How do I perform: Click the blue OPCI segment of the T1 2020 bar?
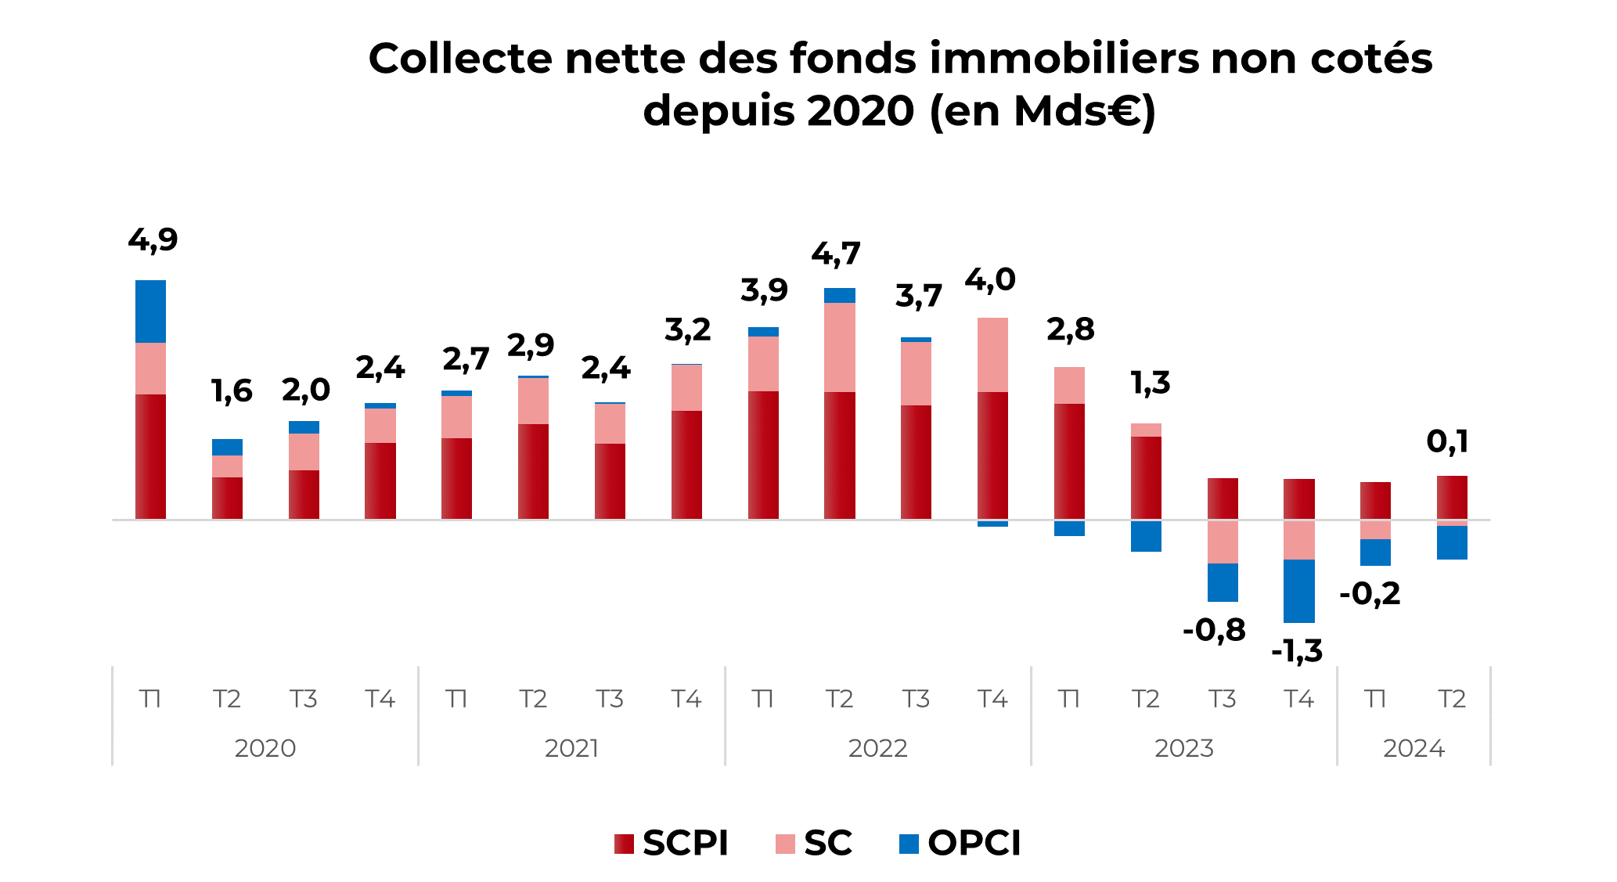[150, 311]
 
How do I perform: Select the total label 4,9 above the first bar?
[153, 240]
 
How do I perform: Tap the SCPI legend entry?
[672, 843]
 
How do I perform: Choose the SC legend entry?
[814, 843]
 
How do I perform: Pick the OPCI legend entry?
[960, 843]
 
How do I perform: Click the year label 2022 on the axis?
[877, 748]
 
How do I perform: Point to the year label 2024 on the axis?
[1414, 748]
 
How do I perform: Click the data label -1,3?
[1297, 651]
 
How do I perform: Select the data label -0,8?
[1214, 630]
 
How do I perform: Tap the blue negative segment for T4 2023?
[1298, 591]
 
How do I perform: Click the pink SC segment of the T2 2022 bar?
[839, 347]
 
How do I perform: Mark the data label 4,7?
[836, 254]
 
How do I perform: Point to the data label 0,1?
[1447, 442]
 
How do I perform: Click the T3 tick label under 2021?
[609, 698]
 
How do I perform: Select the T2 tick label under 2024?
[1452, 698]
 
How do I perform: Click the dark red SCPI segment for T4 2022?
[992, 455]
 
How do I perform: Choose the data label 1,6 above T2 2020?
[232, 391]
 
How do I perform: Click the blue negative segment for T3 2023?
[1223, 582]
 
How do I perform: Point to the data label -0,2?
[1370, 594]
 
